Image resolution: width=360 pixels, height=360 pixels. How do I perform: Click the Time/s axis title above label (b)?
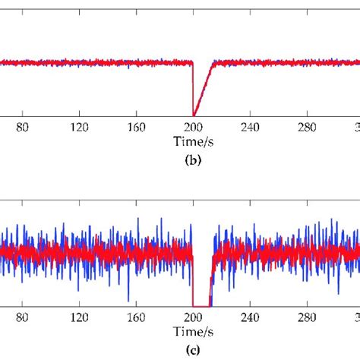pos(193,141)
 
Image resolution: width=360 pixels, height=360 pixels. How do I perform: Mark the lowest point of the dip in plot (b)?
pos(194,113)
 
